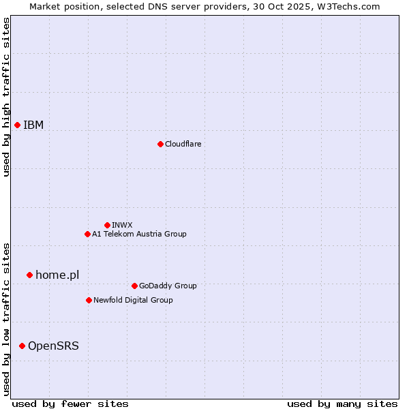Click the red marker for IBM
coord(17,125)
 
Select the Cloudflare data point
coord(160,144)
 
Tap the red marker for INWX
coord(107,225)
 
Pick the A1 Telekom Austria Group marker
coord(87,234)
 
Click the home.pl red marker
coord(29,275)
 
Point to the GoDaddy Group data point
coord(134,286)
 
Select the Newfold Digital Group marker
coord(89,300)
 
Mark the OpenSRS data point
coord(22,346)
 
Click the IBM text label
coord(33,125)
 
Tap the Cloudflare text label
coord(183,144)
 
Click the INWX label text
coord(122,225)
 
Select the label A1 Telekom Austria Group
coord(139,234)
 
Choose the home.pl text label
coord(57,275)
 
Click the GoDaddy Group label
coord(168,286)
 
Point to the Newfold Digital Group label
coord(133,300)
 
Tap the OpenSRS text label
coord(53,346)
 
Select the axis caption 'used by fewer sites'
coord(70,404)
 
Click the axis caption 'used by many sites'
coord(342,404)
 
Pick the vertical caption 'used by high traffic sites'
coord(6,97)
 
